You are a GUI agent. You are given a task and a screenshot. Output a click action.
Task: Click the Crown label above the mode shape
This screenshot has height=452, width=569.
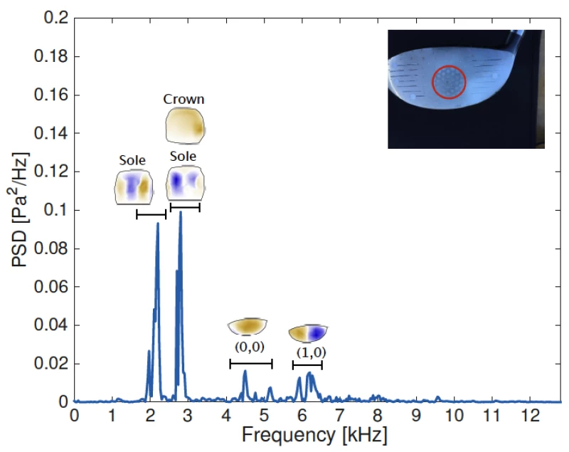(x=184, y=100)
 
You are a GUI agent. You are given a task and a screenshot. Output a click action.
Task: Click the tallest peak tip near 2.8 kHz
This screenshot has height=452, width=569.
(x=181, y=212)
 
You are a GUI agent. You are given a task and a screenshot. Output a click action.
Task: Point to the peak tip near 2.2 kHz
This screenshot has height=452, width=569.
(x=158, y=224)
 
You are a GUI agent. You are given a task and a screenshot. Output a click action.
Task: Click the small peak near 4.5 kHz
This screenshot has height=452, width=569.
(x=245, y=371)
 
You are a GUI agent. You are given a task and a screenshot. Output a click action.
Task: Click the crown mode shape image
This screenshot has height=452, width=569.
(x=184, y=126)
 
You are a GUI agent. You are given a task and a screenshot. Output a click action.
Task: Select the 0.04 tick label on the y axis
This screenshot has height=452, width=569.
(x=53, y=325)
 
